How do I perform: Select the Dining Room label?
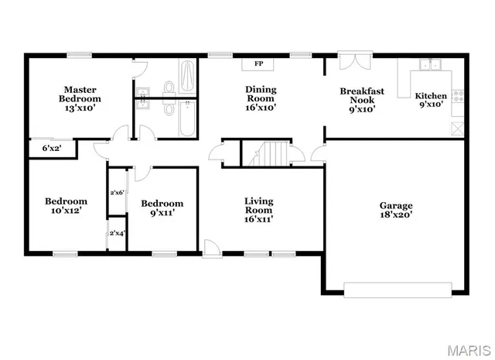[x=261, y=98]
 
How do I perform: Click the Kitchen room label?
[x=432, y=99]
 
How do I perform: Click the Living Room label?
[x=258, y=209]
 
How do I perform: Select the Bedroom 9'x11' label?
[x=162, y=209]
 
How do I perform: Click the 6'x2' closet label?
[x=52, y=147]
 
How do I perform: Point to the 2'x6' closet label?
[x=117, y=192]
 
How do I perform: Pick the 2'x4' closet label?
[x=117, y=232]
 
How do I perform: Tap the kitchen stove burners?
[x=457, y=96]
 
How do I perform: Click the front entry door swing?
[x=209, y=247]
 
